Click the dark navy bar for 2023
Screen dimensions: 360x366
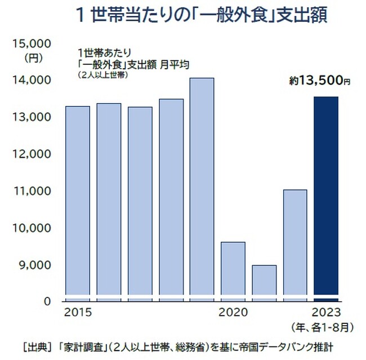tap(326, 197)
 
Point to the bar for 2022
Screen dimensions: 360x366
tap(295, 243)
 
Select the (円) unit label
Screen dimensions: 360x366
tap(32, 57)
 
